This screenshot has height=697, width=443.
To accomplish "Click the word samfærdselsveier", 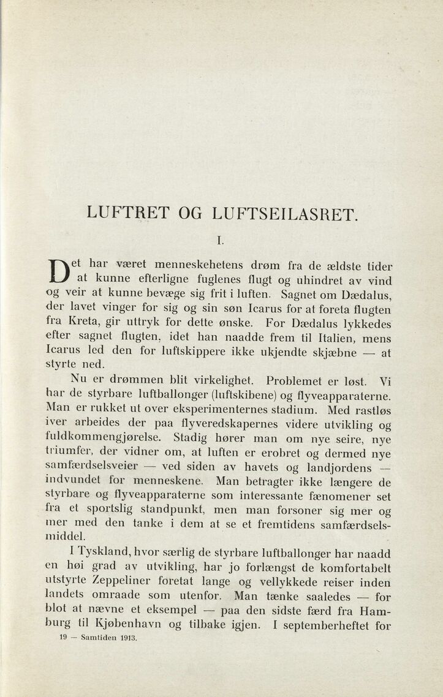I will click(x=91, y=467).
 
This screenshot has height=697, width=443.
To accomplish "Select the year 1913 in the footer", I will click(x=128, y=638).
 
